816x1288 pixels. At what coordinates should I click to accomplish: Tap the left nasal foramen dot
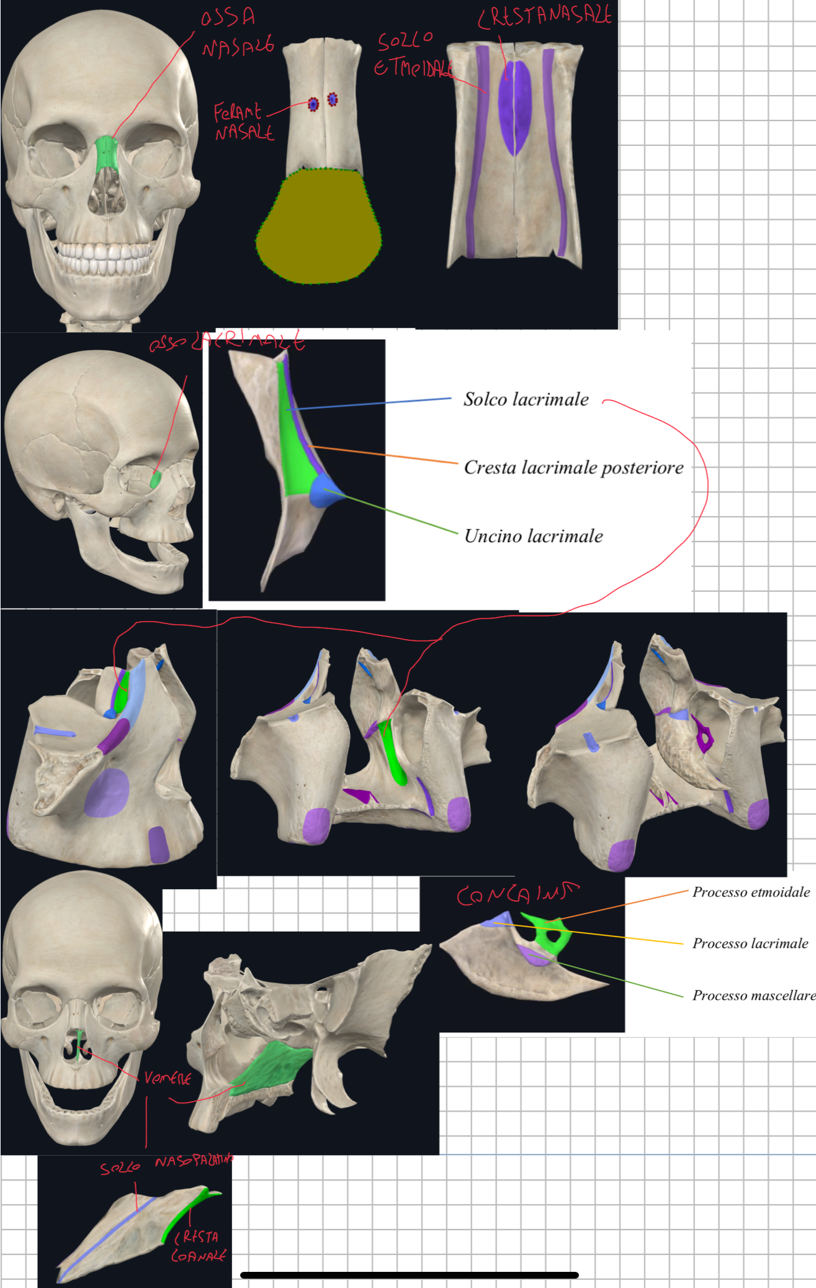(x=313, y=104)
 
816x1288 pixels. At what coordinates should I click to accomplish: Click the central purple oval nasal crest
(x=515, y=107)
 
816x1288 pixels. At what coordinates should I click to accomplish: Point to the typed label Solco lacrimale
(x=526, y=399)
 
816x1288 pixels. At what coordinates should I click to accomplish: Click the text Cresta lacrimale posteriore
(x=573, y=468)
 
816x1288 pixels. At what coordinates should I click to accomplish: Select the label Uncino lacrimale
(x=534, y=537)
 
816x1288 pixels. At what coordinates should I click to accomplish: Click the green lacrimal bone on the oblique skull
(x=155, y=479)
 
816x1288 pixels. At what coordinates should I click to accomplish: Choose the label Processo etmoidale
(x=751, y=892)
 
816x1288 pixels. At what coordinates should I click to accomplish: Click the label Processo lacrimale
(x=750, y=944)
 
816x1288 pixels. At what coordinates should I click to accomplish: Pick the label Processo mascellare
(x=753, y=995)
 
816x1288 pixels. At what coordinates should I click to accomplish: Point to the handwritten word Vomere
(x=168, y=1078)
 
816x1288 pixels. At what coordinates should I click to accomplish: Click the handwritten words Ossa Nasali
(x=236, y=34)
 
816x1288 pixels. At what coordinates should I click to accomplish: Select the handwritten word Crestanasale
(x=545, y=16)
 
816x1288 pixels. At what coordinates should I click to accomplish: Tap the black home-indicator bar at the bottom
(x=409, y=1275)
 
